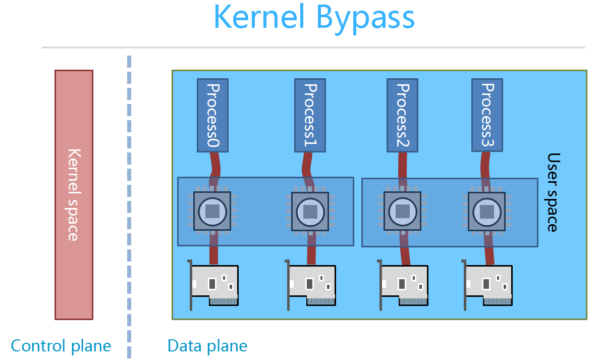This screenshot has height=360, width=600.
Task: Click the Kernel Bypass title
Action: tap(314, 18)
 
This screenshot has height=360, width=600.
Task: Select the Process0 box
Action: tap(212, 115)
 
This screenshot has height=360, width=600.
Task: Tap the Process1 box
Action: tap(310, 115)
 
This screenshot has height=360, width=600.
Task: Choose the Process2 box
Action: tap(402, 115)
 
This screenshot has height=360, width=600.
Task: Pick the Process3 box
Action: tap(487, 115)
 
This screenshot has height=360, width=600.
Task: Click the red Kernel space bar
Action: tap(74, 194)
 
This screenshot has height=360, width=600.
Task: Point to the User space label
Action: tap(553, 192)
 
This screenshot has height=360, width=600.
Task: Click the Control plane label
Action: tap(61, 346)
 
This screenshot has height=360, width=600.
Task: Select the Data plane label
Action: tap(207, 346)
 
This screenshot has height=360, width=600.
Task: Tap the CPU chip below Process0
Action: tap(212, 211)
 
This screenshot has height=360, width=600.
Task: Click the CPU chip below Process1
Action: tap(310, 211)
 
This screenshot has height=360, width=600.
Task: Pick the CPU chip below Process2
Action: tap(402, 211)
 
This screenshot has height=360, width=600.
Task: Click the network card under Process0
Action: tap(214, 285)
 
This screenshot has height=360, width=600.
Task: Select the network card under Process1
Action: tap(311, 285)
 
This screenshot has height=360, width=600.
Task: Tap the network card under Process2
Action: tap(404, 285)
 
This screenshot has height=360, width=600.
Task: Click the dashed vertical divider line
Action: tap(129, 202)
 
